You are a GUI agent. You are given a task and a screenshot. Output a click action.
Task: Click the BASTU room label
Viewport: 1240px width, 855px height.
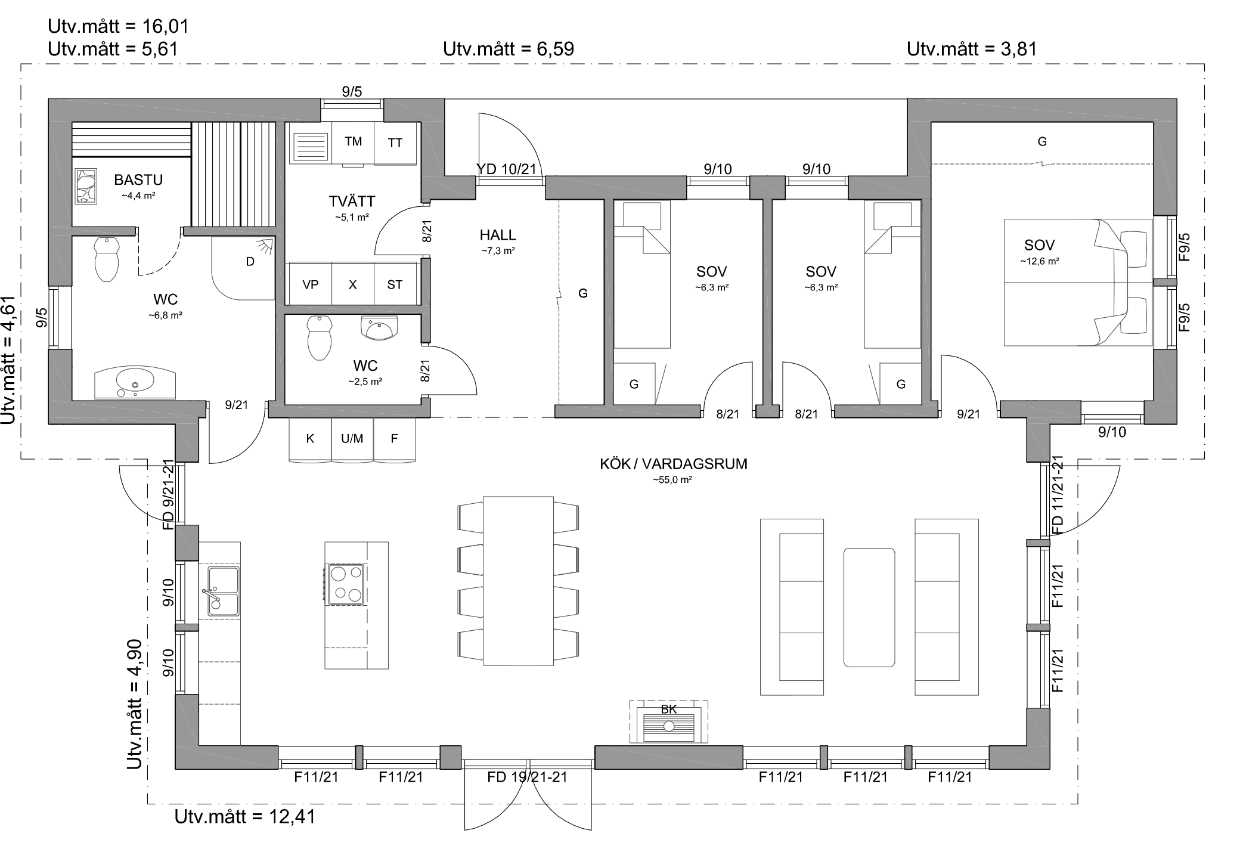tap(138, 179)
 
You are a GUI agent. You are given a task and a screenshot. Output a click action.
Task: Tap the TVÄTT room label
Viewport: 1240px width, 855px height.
tap(352, 201)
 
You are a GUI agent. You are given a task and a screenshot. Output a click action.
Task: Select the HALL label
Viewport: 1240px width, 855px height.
tap(498, 235)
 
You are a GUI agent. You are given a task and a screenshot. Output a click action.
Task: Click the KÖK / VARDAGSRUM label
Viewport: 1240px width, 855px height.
tap(674, 464)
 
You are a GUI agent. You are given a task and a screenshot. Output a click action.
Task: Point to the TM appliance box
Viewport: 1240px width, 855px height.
tap(353, 143)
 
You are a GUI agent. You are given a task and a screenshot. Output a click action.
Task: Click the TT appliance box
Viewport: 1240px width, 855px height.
tap(395, 143)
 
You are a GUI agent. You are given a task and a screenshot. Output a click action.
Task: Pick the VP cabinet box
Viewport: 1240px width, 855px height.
tap(310, 284)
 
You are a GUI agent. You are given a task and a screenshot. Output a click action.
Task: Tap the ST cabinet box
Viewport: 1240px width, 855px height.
tap(395, 284)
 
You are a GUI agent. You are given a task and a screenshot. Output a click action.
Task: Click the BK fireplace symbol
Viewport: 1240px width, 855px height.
tap(669, 722)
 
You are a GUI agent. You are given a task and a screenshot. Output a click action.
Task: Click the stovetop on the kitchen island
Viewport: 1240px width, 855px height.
tap(346, 584)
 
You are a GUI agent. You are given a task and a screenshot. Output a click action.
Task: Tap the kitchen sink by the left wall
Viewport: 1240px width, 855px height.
tap(223, 591)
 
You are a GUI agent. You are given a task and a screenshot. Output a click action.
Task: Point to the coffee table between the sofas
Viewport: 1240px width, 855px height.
tap(869, 607)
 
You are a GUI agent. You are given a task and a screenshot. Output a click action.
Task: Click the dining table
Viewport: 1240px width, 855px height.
tap(518, 581)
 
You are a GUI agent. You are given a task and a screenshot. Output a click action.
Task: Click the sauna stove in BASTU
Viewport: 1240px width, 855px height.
tap(86, 186)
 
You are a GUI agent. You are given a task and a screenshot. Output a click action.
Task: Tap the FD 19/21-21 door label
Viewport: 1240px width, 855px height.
tap(527, 777)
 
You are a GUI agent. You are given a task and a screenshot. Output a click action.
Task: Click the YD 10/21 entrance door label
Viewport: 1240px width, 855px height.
tap(507, 169)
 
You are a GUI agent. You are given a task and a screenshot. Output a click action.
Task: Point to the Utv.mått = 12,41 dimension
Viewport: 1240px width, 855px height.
tap(244, 816)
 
